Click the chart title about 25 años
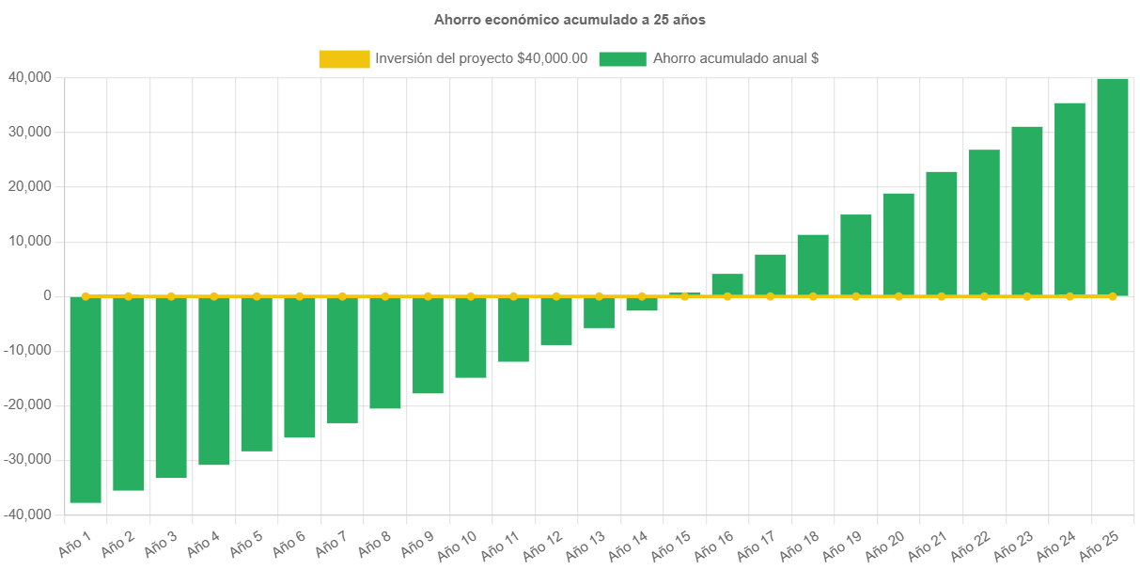coord(570,19)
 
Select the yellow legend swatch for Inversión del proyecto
coord(344,58)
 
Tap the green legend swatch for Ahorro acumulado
coord(622,58)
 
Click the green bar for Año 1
coord(86,400)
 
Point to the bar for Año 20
coord(898,245)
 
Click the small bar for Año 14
coord(642,304)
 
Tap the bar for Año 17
coord(771,275)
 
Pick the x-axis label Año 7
coord(330,543)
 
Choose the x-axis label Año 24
coord(1057,544)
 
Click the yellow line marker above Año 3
coord(171,296)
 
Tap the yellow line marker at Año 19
coord(856,296)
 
